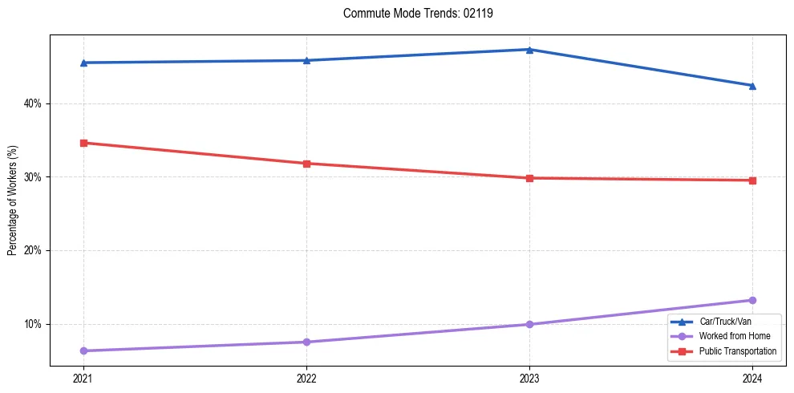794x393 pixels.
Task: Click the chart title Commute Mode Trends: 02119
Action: (x=418, y=14)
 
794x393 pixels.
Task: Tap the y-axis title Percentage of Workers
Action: (x=13, y=201)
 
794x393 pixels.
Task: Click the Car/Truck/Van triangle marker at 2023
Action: (x=529, y=50)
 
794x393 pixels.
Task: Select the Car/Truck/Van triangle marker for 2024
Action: (x=752, y=85)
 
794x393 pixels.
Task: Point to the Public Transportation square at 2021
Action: (x=83, y=143)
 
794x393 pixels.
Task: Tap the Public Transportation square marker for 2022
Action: (x=306, y=164)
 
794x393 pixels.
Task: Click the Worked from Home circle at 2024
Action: (x=752, y=300)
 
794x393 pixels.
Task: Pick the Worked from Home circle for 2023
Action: (x=529, y=324)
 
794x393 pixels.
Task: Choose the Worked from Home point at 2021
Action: (x=83, y=350)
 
